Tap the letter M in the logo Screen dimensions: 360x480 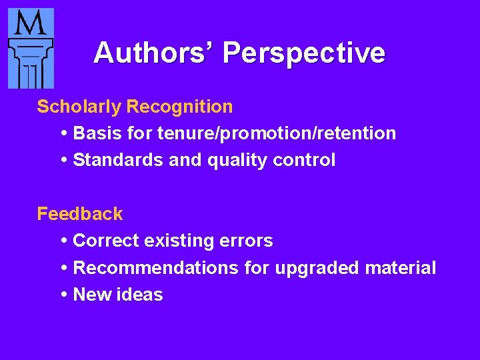30,25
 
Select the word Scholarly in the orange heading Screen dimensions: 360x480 79,107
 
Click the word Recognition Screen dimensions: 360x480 180,107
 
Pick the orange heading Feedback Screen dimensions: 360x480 80,214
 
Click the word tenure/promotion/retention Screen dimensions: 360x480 277,133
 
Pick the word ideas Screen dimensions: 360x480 141,295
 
